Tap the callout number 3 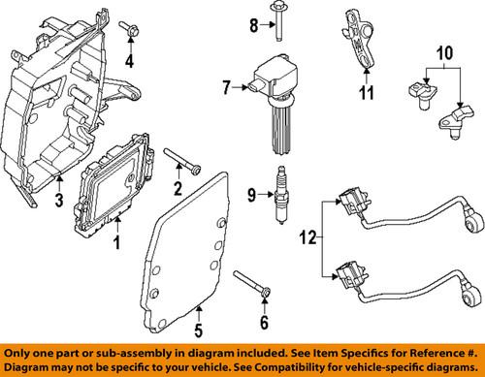(x=57, y=202)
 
